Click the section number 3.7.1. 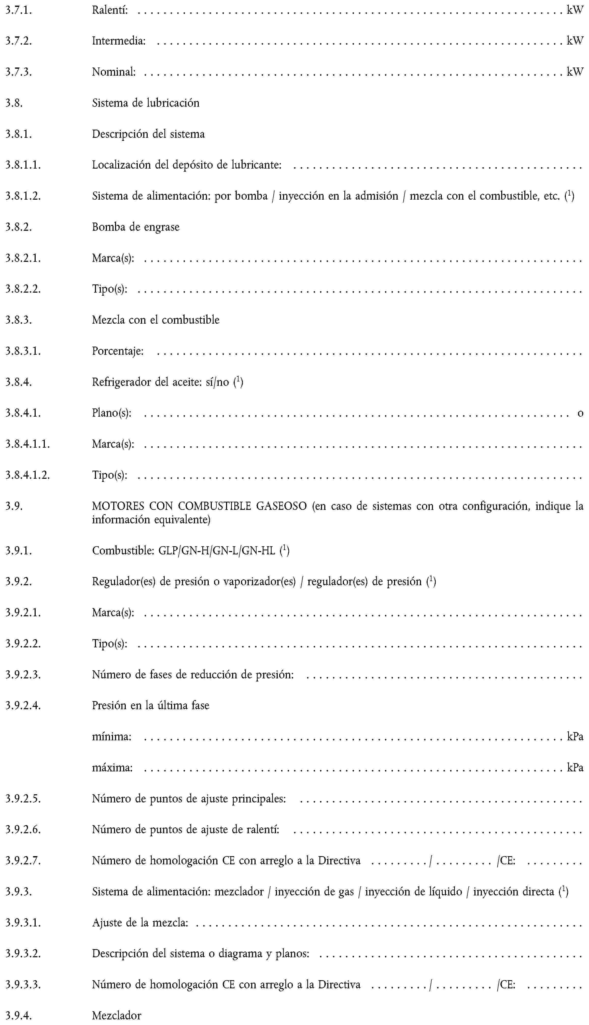pos(19,10)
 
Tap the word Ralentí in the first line pos(110,10)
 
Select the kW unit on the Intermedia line pos(575,40)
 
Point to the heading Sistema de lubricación pos(146,103)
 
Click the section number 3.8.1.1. pos(23,165)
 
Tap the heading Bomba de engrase pos(135,227)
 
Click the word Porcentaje pos(118,351)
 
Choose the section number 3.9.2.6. pos(23,830)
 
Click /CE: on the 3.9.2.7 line pos(506,861)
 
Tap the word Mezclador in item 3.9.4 pos(117,1015)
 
